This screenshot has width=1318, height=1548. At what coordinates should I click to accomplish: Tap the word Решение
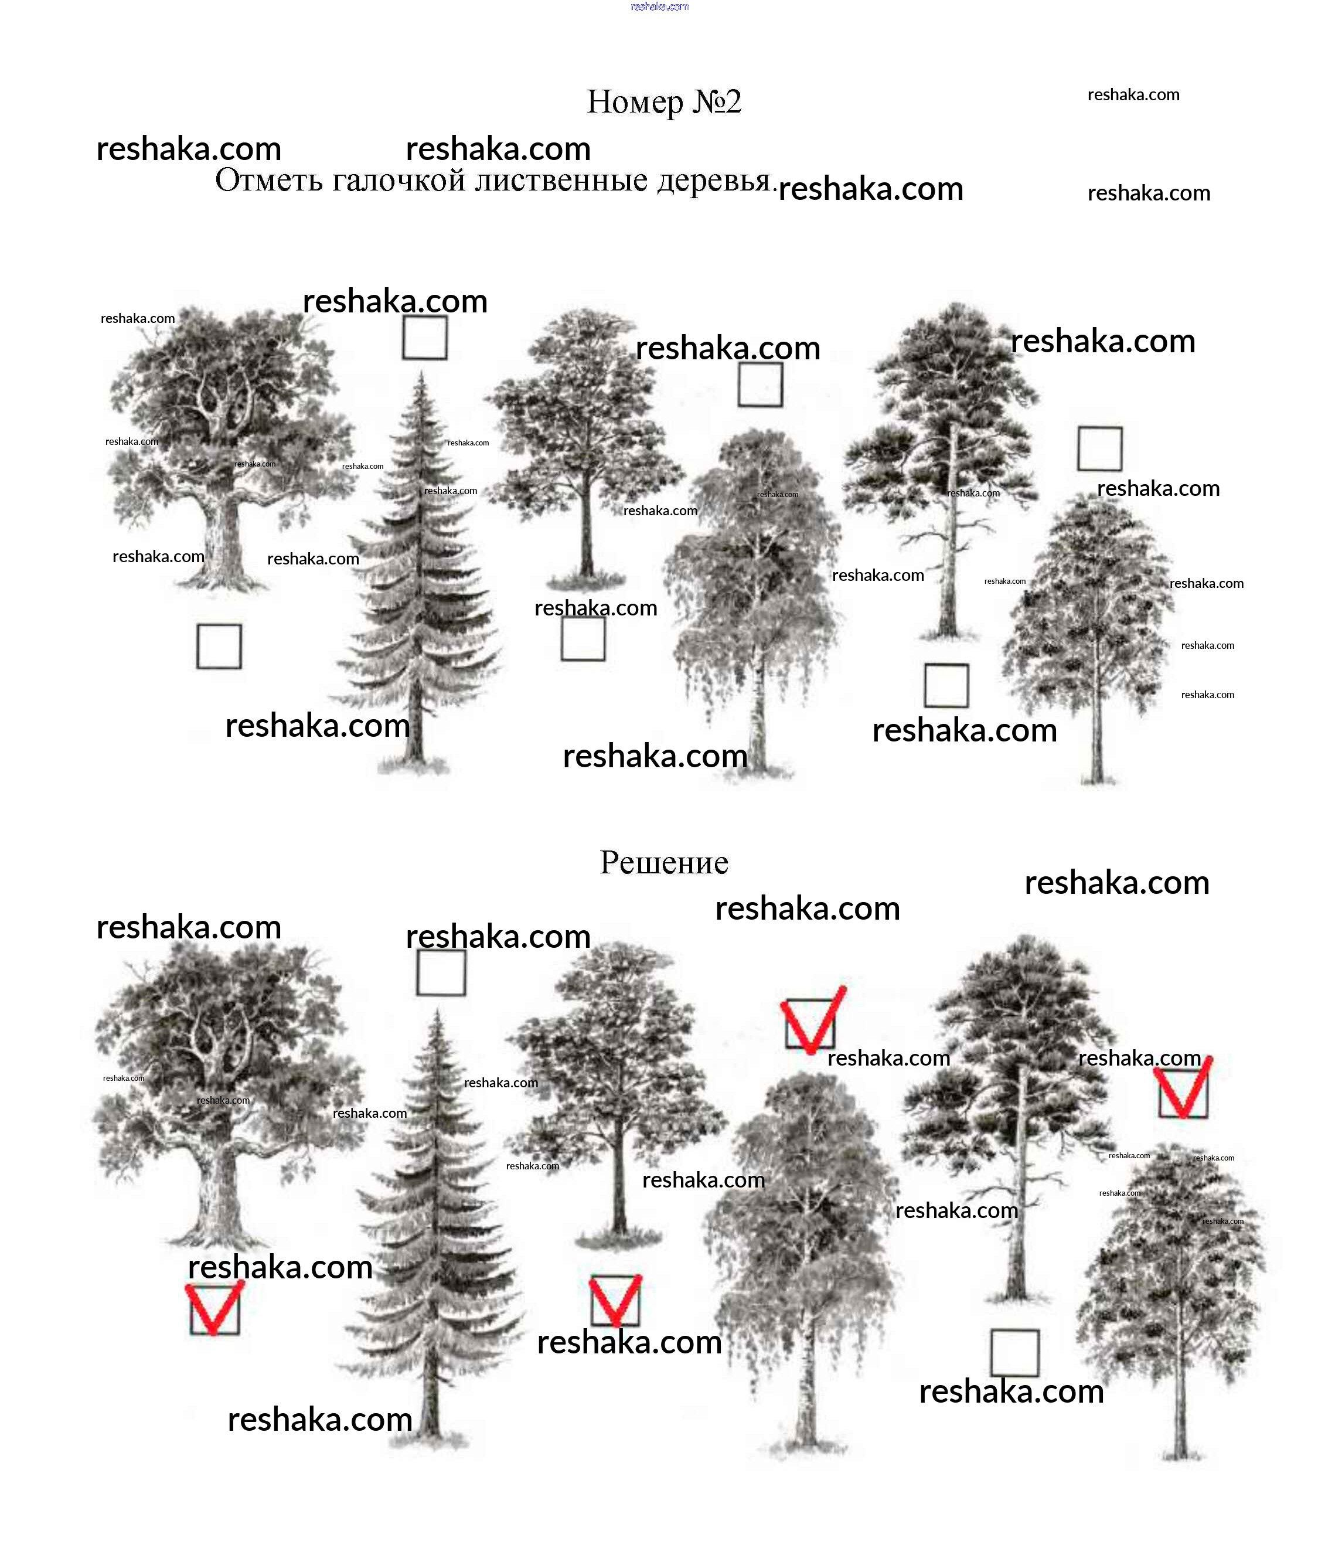coord(663,863)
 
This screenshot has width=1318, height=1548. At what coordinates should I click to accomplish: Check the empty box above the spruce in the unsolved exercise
coord(425,338)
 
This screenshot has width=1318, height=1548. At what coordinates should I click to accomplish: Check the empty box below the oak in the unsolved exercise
coord(219,647)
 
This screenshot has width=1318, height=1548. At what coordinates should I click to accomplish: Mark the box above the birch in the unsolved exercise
coord(761,385)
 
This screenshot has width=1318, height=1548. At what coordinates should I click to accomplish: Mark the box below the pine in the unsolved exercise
coord(946,685)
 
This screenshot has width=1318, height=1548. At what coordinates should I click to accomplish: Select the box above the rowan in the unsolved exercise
coord(1100,449)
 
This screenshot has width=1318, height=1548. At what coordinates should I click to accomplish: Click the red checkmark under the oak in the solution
coord(214,1308)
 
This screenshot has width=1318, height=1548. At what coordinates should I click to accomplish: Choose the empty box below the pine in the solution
coord(1014,1353)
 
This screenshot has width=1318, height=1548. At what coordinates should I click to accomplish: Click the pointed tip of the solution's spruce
coord(438,1009)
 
